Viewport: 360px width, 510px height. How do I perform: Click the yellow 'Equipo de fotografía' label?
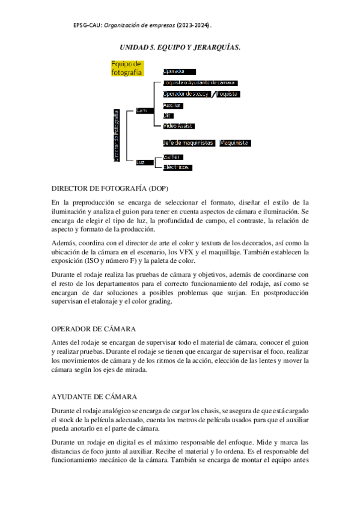coord(127,68)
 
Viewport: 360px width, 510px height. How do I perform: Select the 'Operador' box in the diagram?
coord(178,72)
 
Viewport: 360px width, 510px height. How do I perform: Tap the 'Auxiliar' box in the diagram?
coord(172,105)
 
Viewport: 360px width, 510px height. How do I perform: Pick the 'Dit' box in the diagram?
coord(168,115)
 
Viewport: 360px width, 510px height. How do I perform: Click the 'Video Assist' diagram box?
coord(178,126)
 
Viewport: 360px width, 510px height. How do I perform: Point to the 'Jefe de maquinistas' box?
coord(189,143)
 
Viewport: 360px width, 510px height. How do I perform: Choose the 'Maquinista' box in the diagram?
coord(234,143)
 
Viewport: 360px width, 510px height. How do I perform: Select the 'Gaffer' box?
coord(172,157)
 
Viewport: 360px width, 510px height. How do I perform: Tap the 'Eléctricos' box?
coord(177,167)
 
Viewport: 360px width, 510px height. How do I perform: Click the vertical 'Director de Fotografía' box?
coord(117,135)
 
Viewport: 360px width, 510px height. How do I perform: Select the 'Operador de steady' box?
coord(186,94)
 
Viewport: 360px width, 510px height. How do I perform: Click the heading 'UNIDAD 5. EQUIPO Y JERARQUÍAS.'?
coord(180,48)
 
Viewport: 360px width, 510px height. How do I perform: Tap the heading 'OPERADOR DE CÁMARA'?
coord(94,329)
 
